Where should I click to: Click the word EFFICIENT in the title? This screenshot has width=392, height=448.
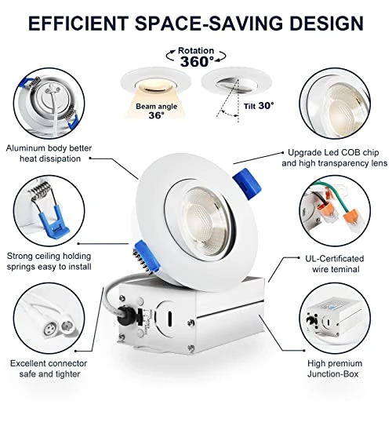pyautogui.click(x=78, y=23)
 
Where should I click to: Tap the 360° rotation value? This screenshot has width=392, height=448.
pyautogui.click(x=197, y=61)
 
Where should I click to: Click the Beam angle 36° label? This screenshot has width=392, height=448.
pyautogui.click(x=157, y=111)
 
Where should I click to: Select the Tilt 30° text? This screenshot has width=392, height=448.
pyautogui.click(x=259, y=106)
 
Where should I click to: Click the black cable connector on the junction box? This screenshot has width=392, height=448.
pyautogui.click(x=125, y=315)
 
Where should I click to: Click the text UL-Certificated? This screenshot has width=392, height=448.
pyautogui.click(x=335, y=259)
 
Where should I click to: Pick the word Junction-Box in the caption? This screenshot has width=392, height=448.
pyautogui.click(x=333, y=373)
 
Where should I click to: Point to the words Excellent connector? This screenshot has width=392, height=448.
pyautogui.click(x=49, y=363)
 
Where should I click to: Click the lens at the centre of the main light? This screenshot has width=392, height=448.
pyautogui.click(x=203, y=222)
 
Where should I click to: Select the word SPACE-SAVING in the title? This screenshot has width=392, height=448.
pyautogui.click(x=209, y=23)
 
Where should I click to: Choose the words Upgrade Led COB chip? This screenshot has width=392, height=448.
pyautogui.click(x=333, y=152)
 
